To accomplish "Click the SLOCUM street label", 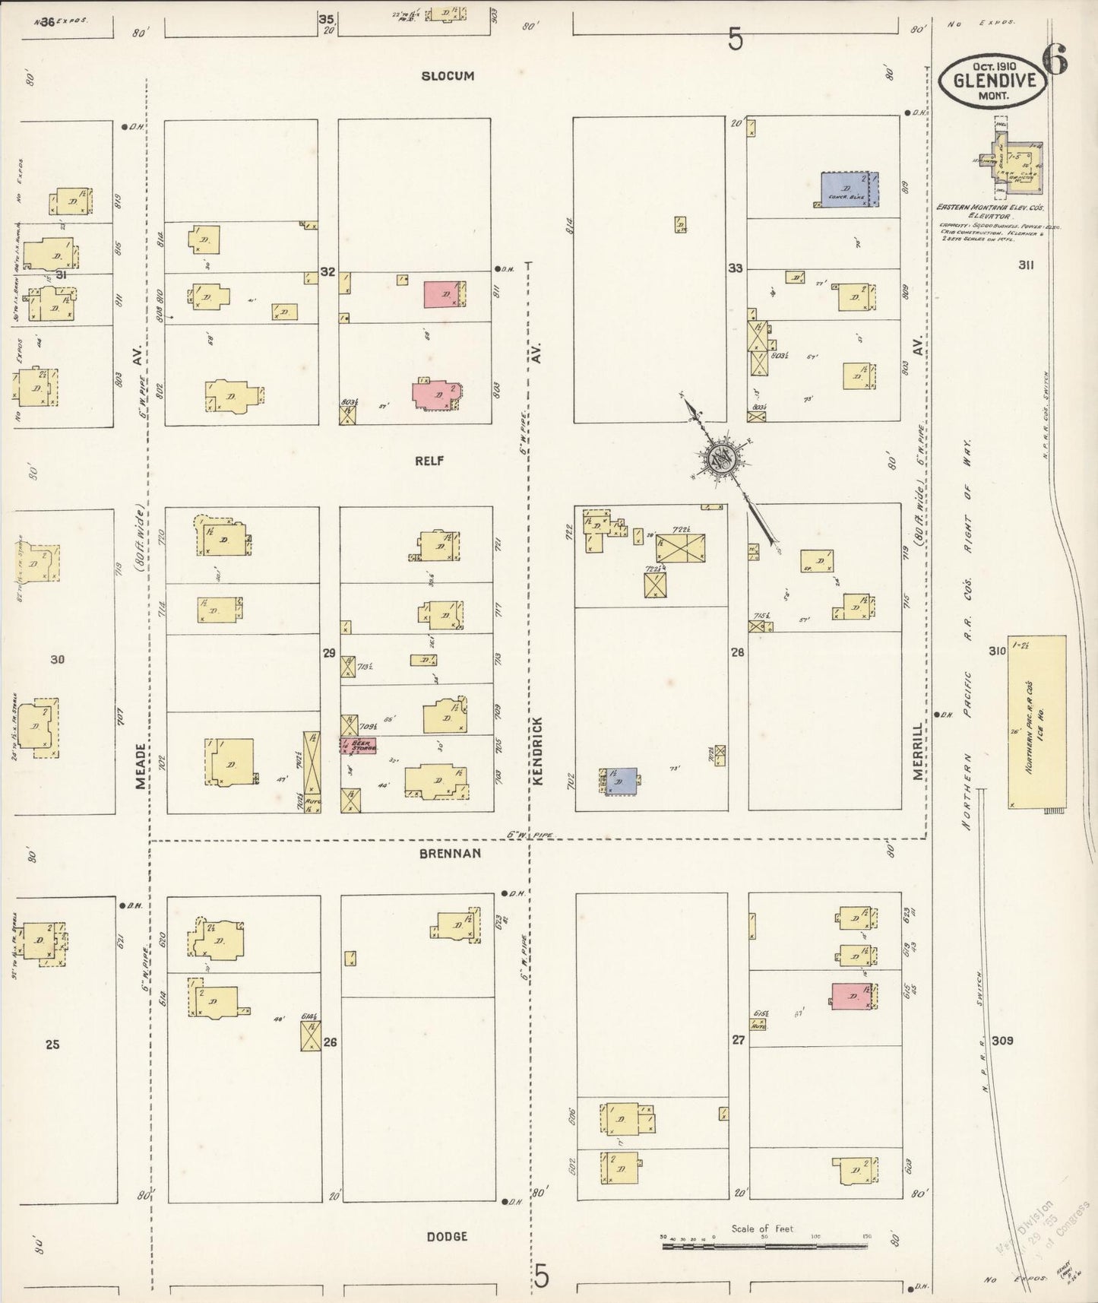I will tap(448, 76).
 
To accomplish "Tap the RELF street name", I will tap(429, 461).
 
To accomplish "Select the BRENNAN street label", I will tap(450, 854).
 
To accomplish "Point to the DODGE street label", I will tap(447, 1237).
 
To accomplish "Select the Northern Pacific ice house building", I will tap(1036, 721).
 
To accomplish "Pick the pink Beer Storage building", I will tap(357, 745).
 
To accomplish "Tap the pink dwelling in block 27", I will tap(851, 996).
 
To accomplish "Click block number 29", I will tap(329, 653).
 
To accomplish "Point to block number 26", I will tap(330, 1042).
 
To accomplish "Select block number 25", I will tap(52, 1045).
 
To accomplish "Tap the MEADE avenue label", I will tap(140, 766).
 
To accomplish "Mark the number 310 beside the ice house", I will tap(997, 651).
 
